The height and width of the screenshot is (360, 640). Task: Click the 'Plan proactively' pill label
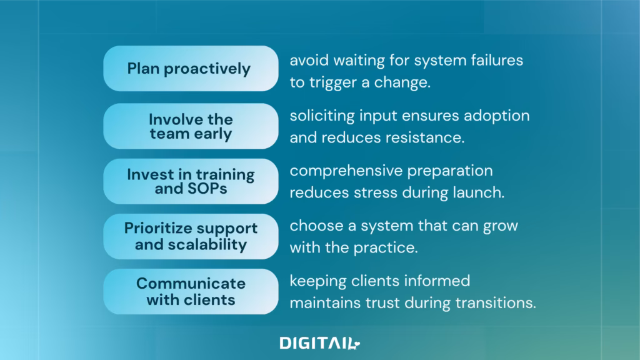click(191, 68)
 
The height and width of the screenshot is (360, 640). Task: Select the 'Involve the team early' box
click(191, 126)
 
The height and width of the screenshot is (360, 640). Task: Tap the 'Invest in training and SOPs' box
click(191, 181)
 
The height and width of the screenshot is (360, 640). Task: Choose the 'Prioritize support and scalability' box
click(191, 236)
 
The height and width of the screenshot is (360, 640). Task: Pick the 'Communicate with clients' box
click(191, 291)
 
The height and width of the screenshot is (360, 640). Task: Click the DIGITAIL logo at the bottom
click(319, 343)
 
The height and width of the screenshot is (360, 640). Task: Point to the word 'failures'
click(497, 61)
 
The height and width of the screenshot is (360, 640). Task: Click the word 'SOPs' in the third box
click(207, 189)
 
